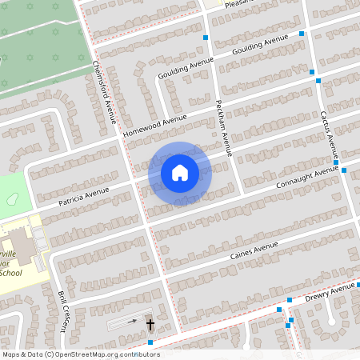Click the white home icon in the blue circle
(x=180, y=172)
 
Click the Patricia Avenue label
(x=83, y=196)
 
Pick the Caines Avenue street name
(x=254, y=250)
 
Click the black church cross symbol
(x=150, y=324)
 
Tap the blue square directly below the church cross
(x=150, y=342)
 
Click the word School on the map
(x=10, y=273)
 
